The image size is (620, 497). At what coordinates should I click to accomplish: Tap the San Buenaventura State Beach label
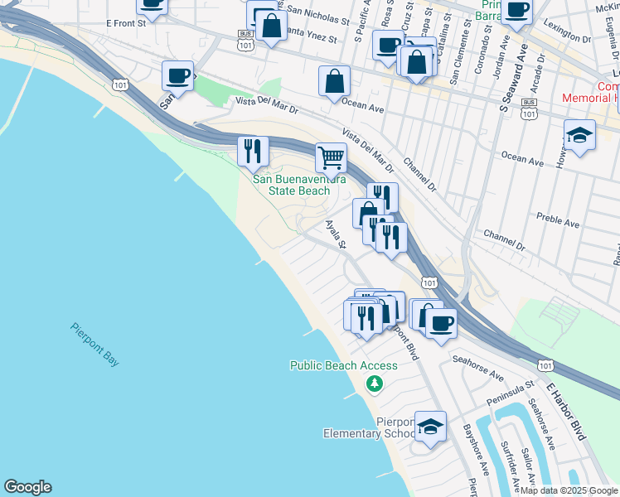pyautogui.click(x=291, y=185)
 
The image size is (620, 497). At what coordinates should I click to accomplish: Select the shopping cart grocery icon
pyautogui.click(x=331, y=156)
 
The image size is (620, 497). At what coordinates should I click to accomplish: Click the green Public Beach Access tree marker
pyautogui.click(x=375, y=383)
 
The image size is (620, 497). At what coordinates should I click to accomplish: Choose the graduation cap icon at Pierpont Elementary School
pyautogui.click(x=430, y=427)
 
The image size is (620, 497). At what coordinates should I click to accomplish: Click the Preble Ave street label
pyautogui.click(x=559, y=223)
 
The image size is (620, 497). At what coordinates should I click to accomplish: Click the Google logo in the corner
pyautogui.click(x=27, y=487)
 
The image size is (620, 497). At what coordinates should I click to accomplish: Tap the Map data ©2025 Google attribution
pyautogui.click(x=569, y=490)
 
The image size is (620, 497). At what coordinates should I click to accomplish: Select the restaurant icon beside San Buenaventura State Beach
pyautogui.click(x=253, y=150)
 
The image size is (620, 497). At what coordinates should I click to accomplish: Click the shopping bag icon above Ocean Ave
pyautogui.click(x=334, y=81)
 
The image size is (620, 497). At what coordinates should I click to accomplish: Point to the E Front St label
pyautogui.click(x=126, y=24)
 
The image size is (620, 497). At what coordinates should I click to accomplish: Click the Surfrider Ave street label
pyautogui.click(x=507, y=463)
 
